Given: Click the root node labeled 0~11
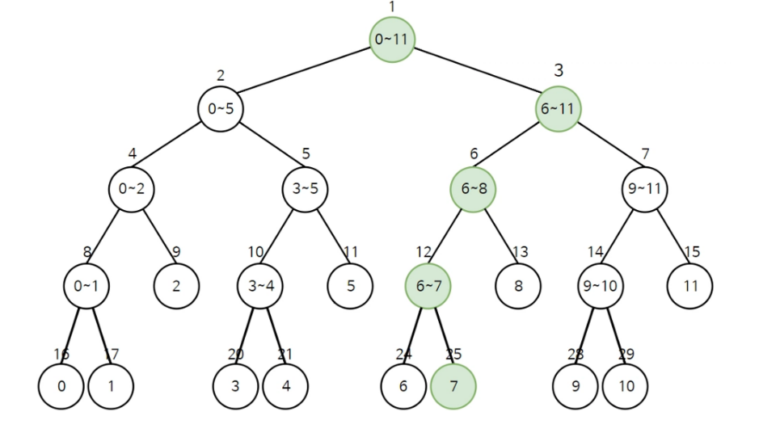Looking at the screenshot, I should [393, 39].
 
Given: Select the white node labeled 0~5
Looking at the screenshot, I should [221, 108].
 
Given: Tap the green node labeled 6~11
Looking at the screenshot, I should [558, 108].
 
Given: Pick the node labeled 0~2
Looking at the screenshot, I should [131, 189].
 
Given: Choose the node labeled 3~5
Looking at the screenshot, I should [306, 189].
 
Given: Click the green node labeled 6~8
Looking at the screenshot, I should [473, 189].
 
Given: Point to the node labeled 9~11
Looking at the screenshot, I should [645, 189].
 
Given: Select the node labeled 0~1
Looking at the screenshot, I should [86, 285].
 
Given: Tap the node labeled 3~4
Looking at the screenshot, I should [260, 285].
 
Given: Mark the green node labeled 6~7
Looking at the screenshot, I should [428, 285].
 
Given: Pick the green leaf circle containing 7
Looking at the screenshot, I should [453, 386].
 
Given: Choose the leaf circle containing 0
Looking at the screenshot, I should [61, 386].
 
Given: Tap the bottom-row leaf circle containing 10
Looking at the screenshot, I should [625, 386].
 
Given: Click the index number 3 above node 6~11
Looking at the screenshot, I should [559, 70].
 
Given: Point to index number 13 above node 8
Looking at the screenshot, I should [520, 252].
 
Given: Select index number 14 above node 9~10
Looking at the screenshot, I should [596, 252].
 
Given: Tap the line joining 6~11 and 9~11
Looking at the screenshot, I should [601, 149].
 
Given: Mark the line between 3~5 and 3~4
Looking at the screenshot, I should [283, 237].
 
